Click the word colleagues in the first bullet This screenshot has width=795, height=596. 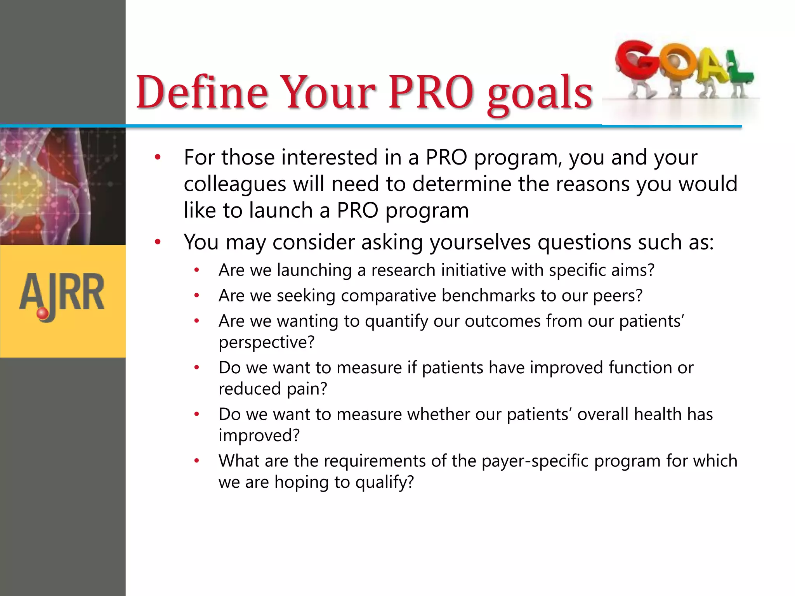tap(235, 184)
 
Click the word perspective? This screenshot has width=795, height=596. tap(266, 342)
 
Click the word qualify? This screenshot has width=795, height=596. tap(384, 482)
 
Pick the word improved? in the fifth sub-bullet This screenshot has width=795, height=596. tap(259, 435)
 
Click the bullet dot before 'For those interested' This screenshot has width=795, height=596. tap(158, 158)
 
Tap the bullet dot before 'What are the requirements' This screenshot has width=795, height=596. tap(197, 461)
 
